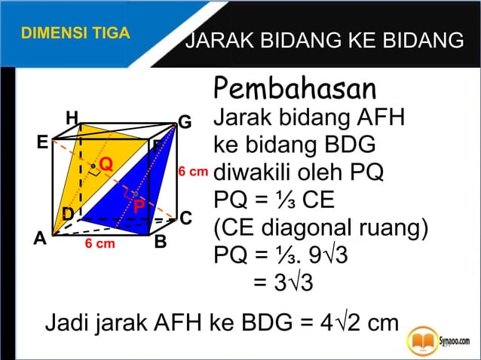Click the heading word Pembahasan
tap(295, 88)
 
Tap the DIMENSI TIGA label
tap(75, 33)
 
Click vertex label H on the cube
tap(72, 117)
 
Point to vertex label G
tap(185, 122)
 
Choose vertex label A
tap(39, 239)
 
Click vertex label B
tap(161, 243)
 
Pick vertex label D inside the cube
tap(68, 214)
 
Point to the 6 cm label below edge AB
tap(100, 244)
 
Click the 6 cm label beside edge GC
tap(192, 171)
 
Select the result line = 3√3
tap(283, 282)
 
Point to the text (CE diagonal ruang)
tap(321, 227)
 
